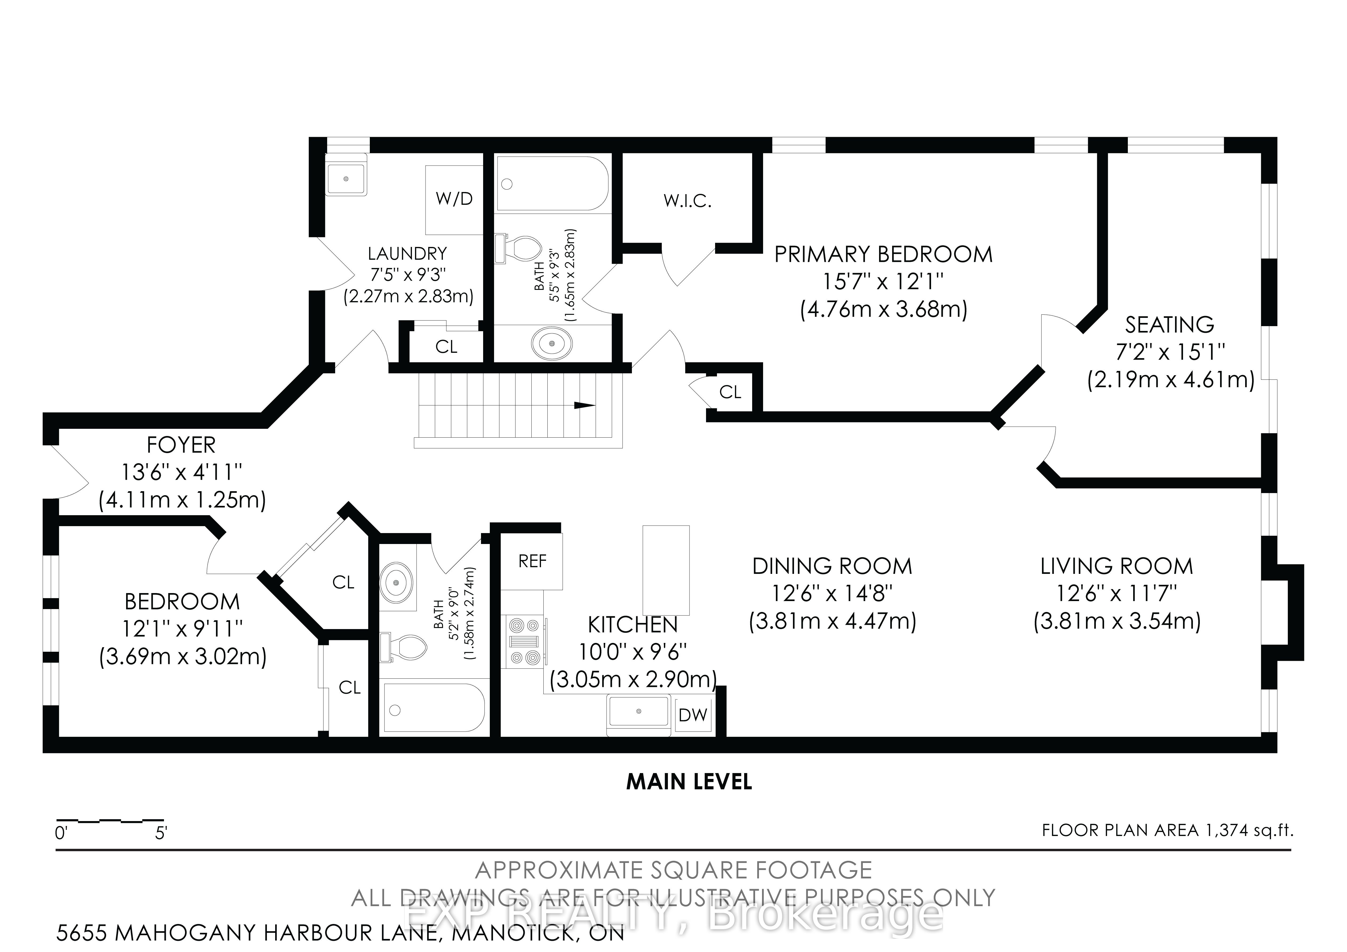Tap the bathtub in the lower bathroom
click(434, 708)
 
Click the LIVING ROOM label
click(1117, 566)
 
